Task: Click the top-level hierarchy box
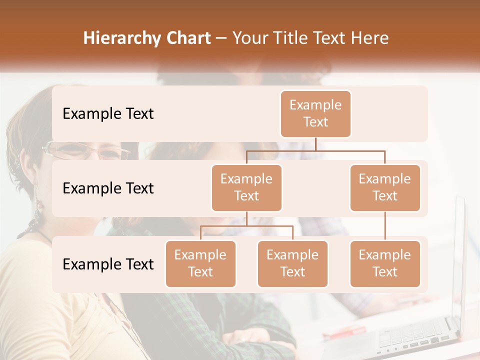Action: [x=315, y=114]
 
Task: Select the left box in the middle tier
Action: [x=246, y=188]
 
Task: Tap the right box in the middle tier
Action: [x=385, y=188]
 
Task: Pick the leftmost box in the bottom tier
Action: [x=200, y=264]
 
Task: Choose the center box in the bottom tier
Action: [x=292, y=264]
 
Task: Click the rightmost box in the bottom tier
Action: [x=385, y=264]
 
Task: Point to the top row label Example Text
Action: [x=108, y=114]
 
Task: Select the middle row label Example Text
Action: [x=108, y=188]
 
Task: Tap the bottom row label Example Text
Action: [x=108, y=264]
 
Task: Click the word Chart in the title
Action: [x=186, y=38]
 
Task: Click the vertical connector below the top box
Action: [x=315, y=144]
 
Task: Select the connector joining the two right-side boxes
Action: [x=385, y=226]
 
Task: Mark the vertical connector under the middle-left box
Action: [x=246, y=219]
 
